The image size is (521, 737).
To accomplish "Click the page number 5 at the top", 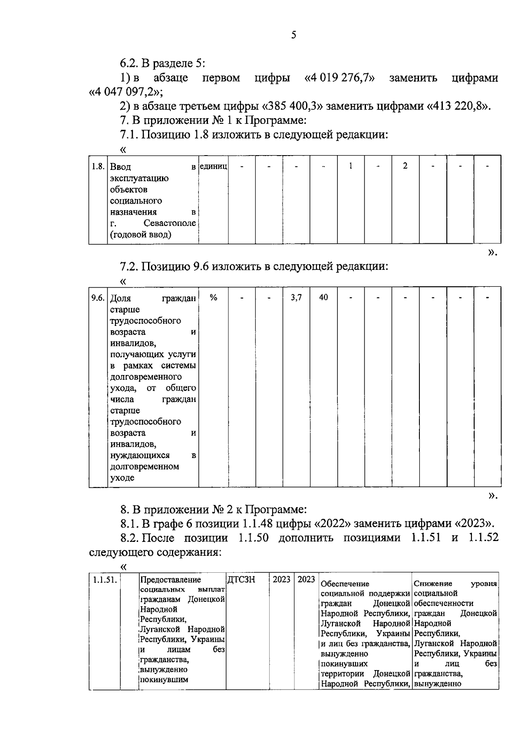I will point(293,35).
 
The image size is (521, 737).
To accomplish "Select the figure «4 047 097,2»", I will point(125,92).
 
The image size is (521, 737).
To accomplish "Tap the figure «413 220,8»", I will point(458,106).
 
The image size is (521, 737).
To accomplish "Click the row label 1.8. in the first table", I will point(98,166).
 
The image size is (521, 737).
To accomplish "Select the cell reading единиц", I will point(214,166).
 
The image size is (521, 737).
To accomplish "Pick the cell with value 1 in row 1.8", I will point(351,166).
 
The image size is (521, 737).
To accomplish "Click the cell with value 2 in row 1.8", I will point(405,166).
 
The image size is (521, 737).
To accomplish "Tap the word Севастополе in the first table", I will point(170,223).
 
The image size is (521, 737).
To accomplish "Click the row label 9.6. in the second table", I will point(98,298).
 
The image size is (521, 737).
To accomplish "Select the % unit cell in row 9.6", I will point(214,298).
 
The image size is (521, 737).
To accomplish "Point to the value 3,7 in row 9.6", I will point(296,298).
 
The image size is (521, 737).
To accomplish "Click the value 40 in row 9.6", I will point(323,298).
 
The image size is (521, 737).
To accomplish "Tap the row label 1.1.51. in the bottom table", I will point(104,580).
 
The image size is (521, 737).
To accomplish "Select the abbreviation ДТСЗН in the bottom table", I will point(241,580).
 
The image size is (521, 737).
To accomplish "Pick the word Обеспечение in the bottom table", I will point(345,584).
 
